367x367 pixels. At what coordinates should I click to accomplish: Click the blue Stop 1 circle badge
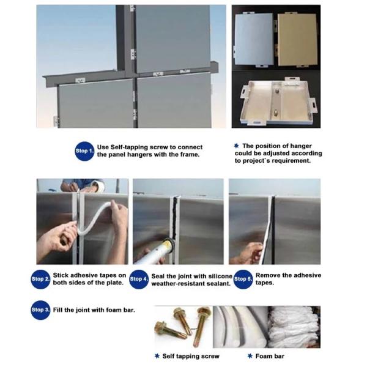(84, 151)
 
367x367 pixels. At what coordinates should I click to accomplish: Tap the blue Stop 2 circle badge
(40, 280)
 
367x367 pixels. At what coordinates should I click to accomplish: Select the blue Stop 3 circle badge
(40, 310)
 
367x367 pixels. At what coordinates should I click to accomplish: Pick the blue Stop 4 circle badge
(139, 280)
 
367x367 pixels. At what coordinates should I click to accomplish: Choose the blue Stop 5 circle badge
(243, 280)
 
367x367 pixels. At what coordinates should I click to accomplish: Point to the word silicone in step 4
(220, 276)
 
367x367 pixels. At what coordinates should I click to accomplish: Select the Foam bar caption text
(270, 356)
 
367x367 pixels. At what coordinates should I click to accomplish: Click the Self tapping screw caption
(191, 356)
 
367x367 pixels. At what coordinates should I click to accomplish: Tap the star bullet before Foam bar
(250, 356)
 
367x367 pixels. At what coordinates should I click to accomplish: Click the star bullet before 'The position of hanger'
(236, 146)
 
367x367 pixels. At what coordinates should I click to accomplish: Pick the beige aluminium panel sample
(297, 40)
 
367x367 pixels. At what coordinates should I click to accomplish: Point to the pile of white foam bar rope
(294, 327)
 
